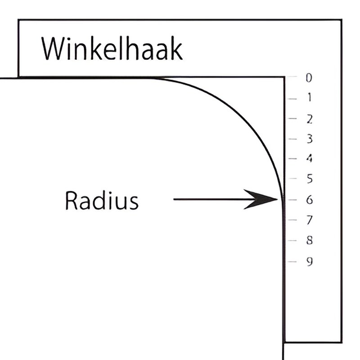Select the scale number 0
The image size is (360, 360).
point(309,78)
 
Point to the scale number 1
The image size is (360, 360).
point(309,98)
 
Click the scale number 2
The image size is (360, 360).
point(309,119)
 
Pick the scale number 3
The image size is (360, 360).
point(309,139)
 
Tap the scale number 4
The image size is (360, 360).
point(309,158)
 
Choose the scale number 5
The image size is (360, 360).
point(309,179)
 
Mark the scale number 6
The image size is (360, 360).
point(309,199)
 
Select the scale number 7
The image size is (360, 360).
point(309,220)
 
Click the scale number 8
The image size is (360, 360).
point(309,241)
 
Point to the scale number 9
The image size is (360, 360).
point(309,261)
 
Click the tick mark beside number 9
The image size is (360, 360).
point(292,261)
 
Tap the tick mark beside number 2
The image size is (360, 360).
point(292,119)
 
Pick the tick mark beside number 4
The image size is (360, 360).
point(292,158)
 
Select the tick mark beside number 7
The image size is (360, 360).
point(292,220)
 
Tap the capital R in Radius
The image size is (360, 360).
point(71,201)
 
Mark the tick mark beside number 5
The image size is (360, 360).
point(292,179)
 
